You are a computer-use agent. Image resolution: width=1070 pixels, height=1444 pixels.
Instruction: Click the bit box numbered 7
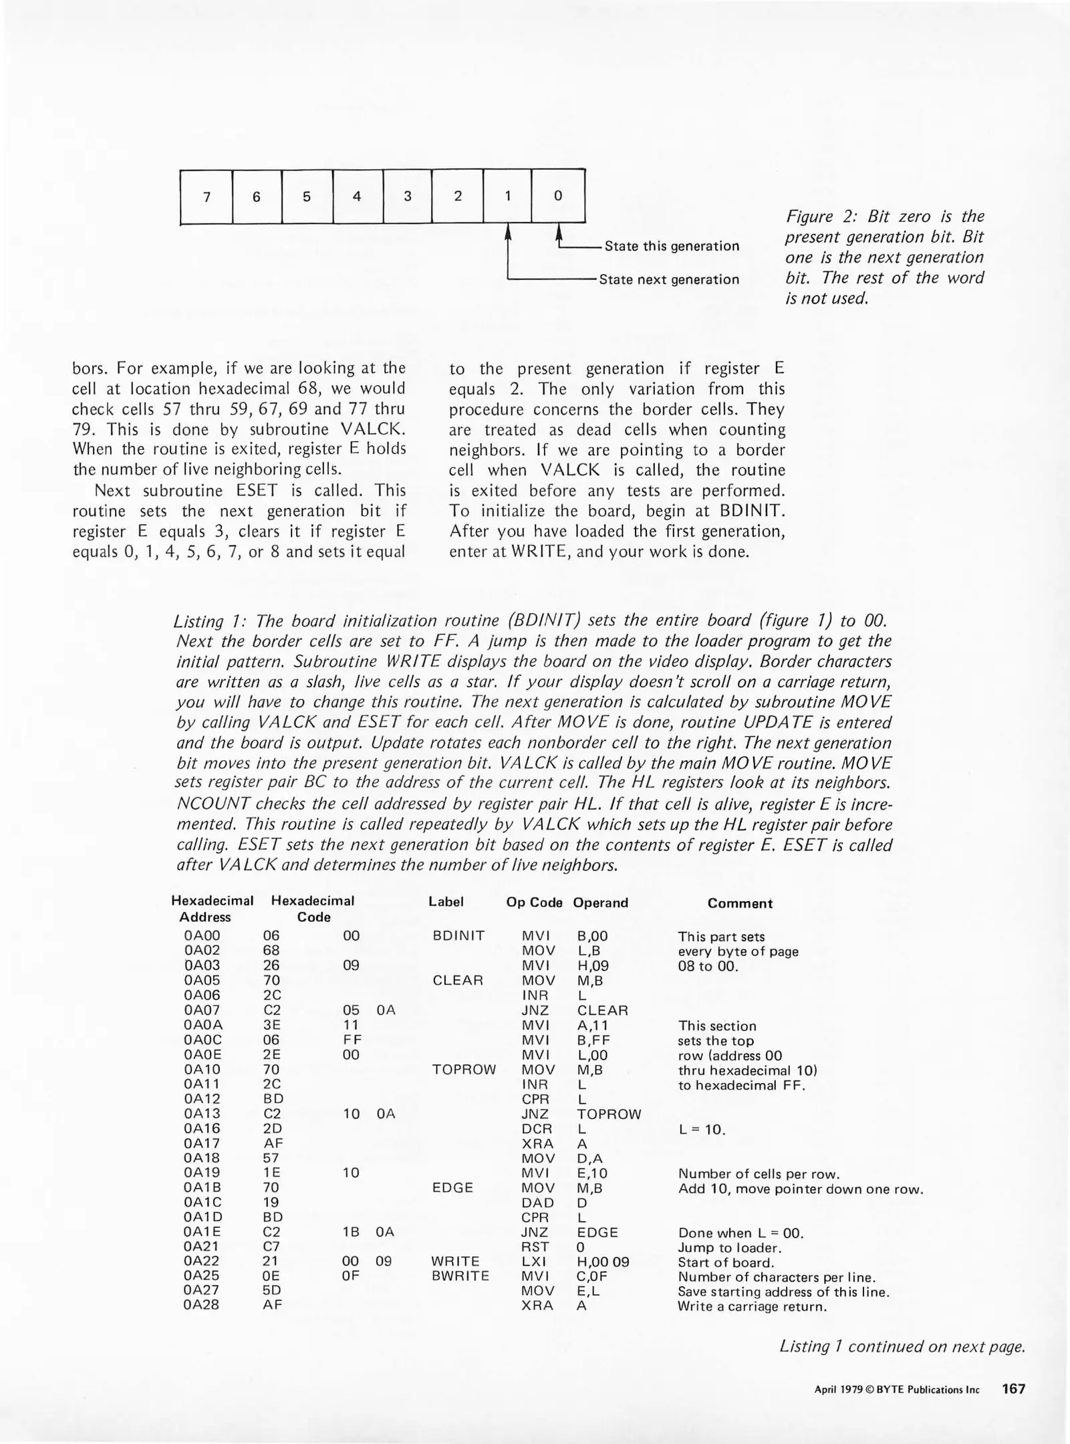point(207,197)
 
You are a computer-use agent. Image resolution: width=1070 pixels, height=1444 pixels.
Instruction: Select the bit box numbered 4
point(358,197)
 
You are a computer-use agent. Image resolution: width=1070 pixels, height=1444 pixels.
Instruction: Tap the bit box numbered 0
point(558,197)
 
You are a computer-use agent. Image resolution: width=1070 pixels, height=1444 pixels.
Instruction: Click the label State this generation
point(672,246)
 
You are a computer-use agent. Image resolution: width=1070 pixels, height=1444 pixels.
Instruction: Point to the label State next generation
point(669,279)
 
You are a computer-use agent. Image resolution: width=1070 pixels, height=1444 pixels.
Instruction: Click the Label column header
point(446,902)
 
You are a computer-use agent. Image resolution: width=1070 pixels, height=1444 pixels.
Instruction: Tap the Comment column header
point(740,903)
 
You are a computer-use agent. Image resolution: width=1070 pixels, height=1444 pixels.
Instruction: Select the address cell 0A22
point(202,1261)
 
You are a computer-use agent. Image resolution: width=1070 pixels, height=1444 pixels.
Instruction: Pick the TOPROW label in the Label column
point(464,1069)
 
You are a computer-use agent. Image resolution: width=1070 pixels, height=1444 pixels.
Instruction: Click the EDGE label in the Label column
point(453,1187)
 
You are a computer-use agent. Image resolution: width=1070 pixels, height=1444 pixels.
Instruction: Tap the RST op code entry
point(535,1246)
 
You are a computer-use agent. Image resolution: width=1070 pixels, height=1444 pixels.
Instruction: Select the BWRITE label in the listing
point(460,1276)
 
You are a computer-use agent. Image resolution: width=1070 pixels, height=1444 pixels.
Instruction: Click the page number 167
point(1013,1389)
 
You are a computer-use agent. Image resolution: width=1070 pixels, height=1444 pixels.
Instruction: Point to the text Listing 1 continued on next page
point(902,1346)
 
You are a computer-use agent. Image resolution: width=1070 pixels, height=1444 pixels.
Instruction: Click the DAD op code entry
point(537,1202)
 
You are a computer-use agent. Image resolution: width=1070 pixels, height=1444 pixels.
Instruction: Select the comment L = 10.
point(702,1130)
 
